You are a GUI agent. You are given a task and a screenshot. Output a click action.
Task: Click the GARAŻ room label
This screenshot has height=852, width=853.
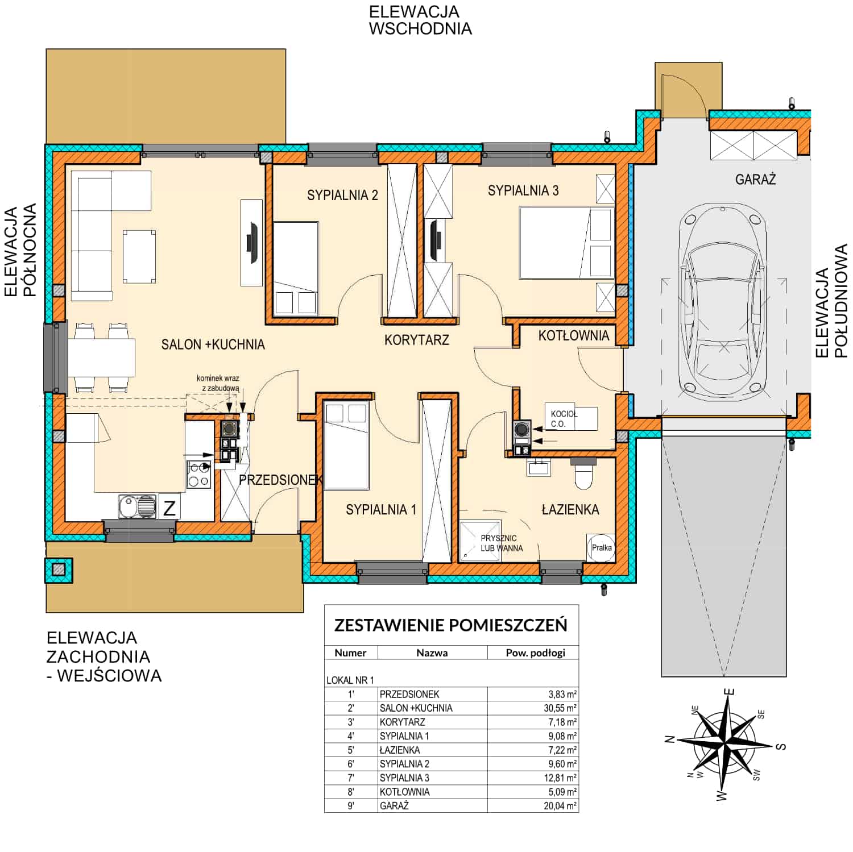pyautogui.click(x=755, y=180)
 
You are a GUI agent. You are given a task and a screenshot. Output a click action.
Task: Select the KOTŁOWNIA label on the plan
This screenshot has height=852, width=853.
pyautogui.click(x=573, y=336)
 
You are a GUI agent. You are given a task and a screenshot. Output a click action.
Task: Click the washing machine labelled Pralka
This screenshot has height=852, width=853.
pyautogui.click(x=601, y=548)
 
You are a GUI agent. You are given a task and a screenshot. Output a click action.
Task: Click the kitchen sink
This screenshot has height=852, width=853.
pyautogui.click(x=138, y=506)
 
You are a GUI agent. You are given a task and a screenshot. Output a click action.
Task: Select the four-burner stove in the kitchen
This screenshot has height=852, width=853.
pyautogui.click(x=198, y=475)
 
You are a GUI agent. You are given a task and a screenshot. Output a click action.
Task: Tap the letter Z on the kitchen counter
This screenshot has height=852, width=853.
pyautogui.click(x=169, y=508)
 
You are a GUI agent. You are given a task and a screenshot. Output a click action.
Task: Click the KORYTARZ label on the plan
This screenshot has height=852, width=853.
pyautogui.click(x=416, y=340)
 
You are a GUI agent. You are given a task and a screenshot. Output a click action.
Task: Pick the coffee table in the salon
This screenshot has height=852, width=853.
pyautogui.click(x=139, y=256)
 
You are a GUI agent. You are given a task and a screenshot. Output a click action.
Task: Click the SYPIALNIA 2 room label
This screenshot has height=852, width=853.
pyautogui.click(x=342, y=195)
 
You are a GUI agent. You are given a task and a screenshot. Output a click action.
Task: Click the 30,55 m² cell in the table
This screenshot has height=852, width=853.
pyautogui.click(x=560, y=708)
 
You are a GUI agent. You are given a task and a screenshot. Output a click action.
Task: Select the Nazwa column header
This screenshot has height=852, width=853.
pyautogui.click(x=432, y=652)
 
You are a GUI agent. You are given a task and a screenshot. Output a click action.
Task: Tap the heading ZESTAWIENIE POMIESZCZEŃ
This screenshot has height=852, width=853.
pyautogui.click(x=450, y=625)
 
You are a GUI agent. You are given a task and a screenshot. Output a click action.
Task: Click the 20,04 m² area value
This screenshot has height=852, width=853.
pyautogui.click(x=560, y=805)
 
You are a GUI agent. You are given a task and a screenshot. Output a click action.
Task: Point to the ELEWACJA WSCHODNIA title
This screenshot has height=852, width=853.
pyautogui.click(x=420, y=20)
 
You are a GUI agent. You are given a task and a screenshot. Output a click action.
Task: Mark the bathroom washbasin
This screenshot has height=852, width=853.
pyautogui.click(x=538, y=468)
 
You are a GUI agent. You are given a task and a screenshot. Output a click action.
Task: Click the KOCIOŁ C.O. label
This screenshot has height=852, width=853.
pyautogui.click(x=564, y=419)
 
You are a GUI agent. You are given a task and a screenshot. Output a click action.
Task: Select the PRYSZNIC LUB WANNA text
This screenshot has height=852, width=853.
pyautogui.click(x=502, y=543)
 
